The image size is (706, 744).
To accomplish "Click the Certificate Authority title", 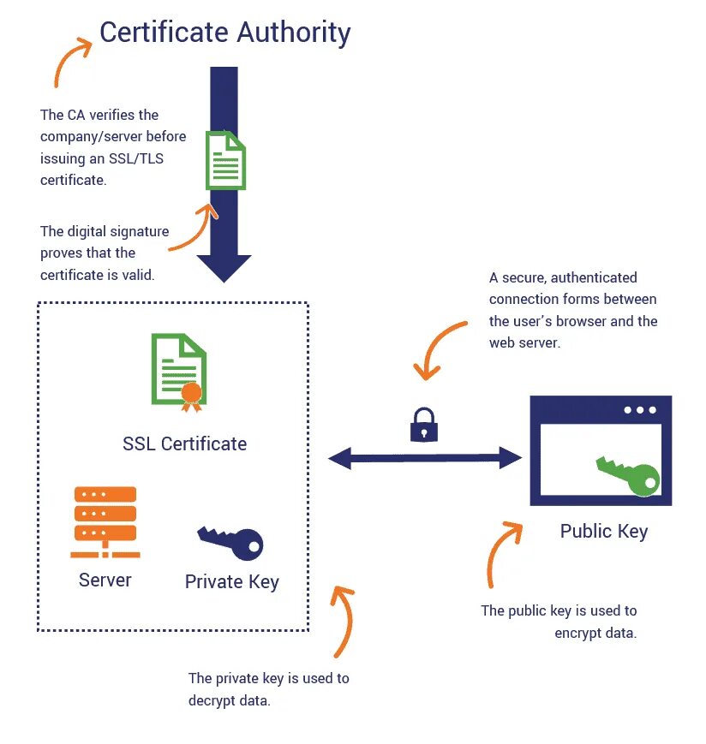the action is (224, 33).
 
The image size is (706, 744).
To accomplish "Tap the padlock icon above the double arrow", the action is (423, 424).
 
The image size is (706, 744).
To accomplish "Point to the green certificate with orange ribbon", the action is (179, 369).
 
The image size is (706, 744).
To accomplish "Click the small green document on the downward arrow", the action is (225, 159).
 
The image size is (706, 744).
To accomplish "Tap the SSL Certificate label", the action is (184, 443).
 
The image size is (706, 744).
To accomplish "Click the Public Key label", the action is (603, 531).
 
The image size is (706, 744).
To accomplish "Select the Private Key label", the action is (231, 582).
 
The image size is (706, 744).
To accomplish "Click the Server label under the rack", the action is (105, 580).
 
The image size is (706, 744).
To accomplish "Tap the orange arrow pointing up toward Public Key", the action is (500, 552).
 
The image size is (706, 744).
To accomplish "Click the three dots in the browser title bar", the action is (640, 410).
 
